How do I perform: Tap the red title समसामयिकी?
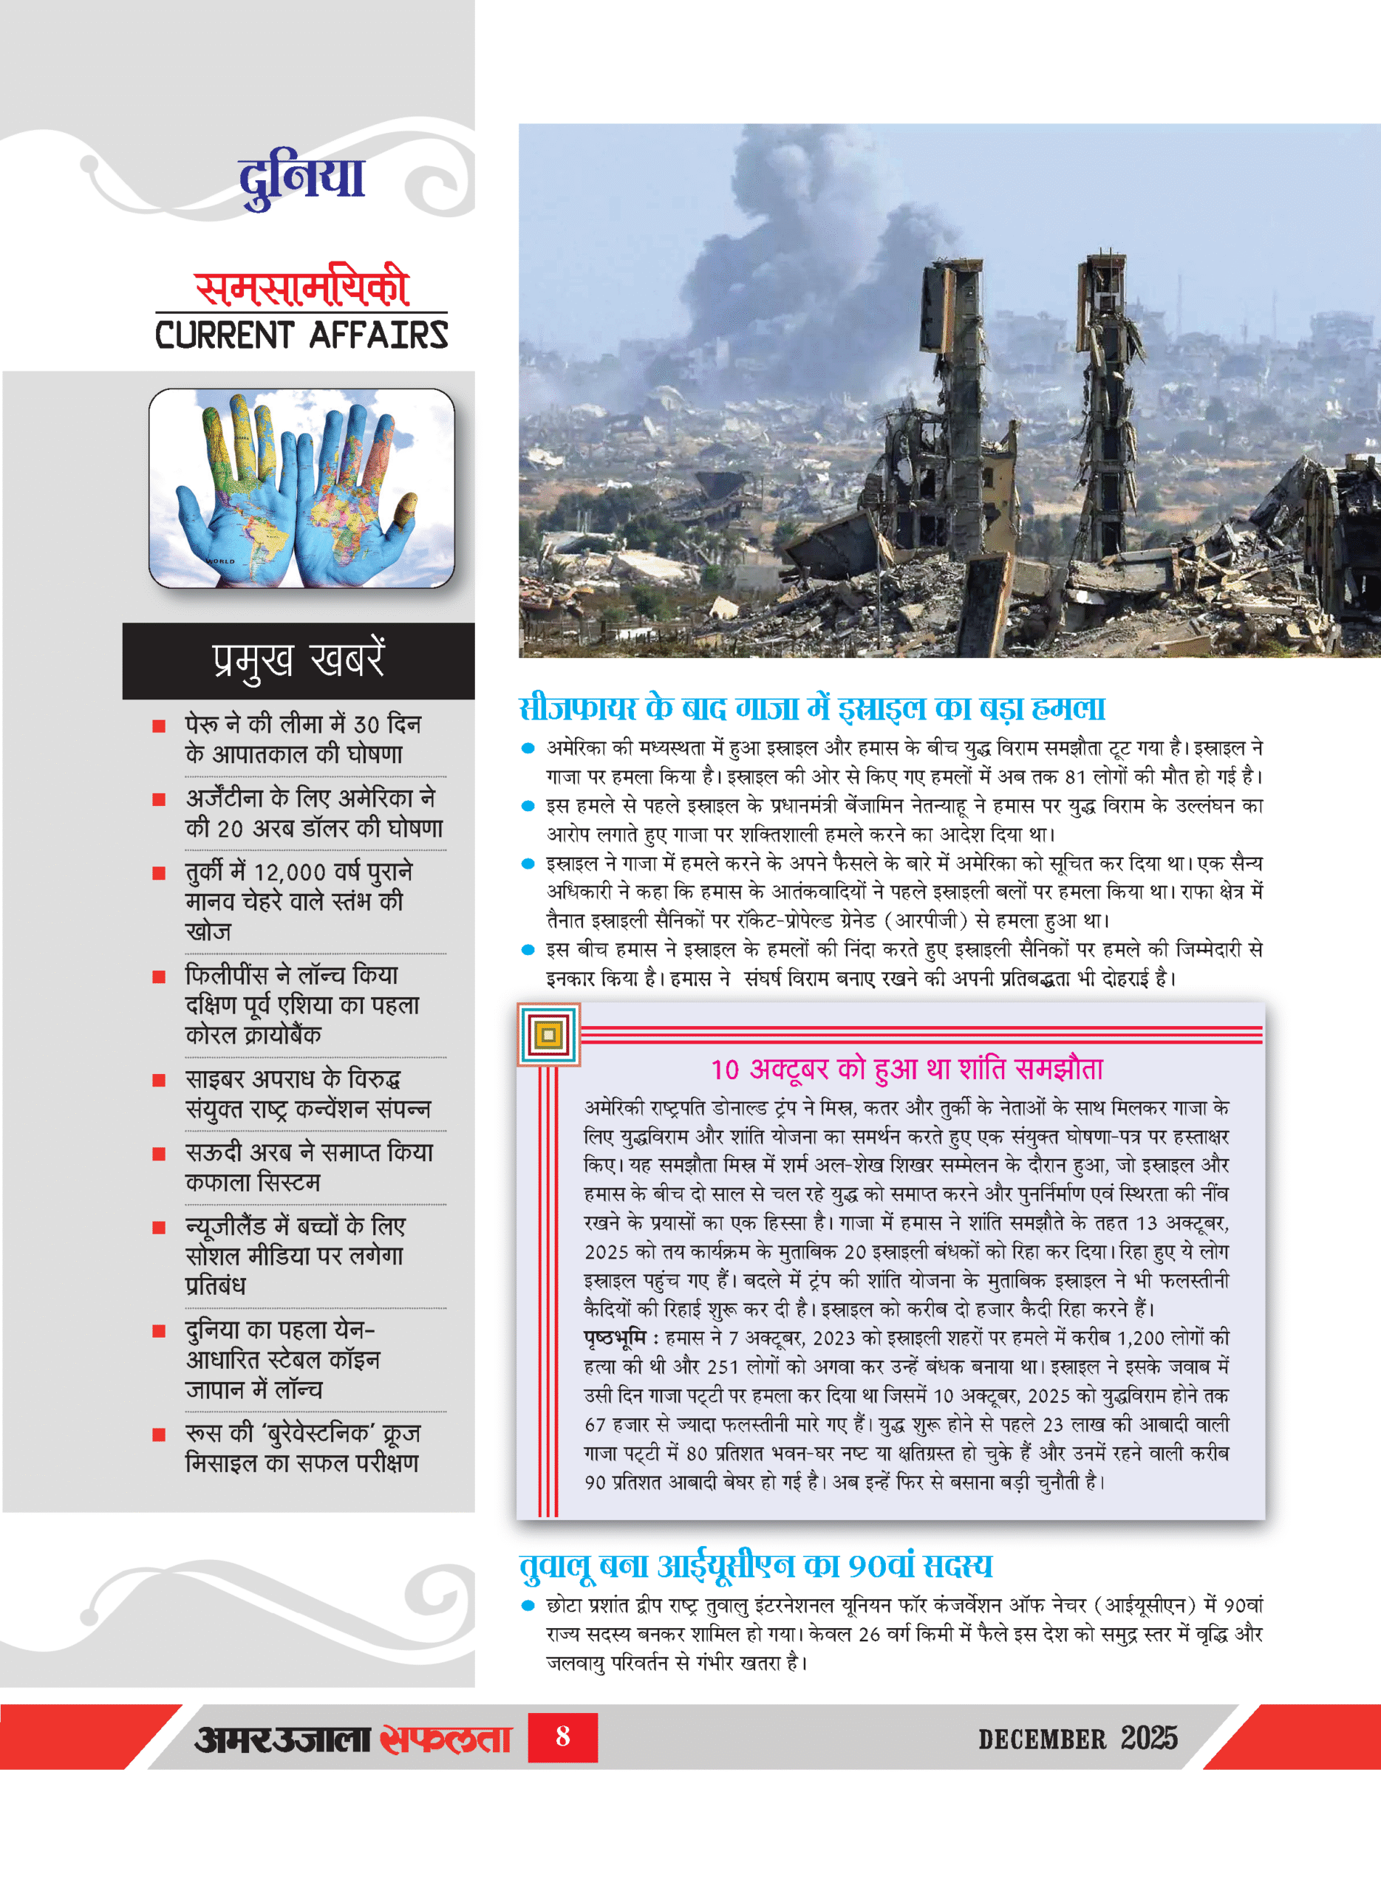[301, 288]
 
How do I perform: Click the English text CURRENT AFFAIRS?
[301, 335]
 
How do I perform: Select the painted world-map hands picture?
[301, 488]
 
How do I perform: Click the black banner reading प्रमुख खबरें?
[299, 660]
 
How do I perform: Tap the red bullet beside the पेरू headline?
[159, 725]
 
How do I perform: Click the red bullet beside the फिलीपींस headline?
[159, 976]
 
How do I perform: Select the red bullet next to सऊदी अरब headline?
[159, 1154]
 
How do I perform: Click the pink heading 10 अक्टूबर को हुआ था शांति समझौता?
[907, 1069]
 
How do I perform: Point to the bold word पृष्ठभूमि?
[616, 1338]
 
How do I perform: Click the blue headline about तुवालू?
[756, 1565]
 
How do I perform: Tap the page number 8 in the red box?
[562, 1737]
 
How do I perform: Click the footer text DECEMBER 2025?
[1077, 1738]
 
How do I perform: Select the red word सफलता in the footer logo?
[445, 1738]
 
